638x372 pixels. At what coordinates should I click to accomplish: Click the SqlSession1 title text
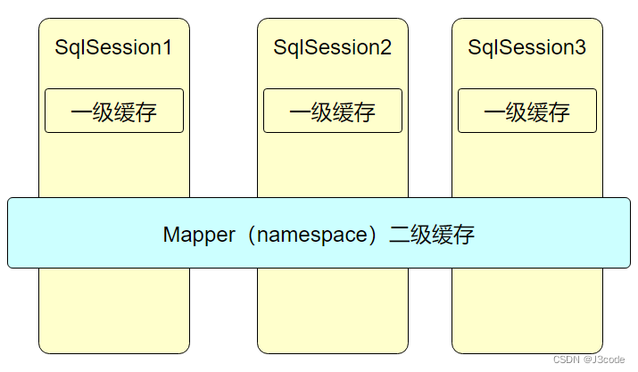(113, 48)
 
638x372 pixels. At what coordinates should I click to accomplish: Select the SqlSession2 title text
(332, 48)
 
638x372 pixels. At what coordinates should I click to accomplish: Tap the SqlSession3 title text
(526, 48)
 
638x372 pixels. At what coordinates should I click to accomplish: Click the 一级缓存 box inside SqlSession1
(114, 112)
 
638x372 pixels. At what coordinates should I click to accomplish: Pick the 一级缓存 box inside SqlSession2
(333, 112)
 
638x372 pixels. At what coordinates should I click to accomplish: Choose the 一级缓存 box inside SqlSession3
(527, 112)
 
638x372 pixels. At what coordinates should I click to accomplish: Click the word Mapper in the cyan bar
(196, 235)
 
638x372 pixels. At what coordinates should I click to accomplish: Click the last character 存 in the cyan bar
(464, 235)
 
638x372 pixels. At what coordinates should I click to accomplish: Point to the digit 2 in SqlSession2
(385, 48)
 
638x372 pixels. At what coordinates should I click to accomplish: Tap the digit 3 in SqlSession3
(579, 48)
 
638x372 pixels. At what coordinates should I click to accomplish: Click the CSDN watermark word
(568, 360)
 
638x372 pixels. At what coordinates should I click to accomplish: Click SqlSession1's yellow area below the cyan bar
(114, 308)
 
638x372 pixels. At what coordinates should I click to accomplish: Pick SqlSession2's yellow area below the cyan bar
(333, 308)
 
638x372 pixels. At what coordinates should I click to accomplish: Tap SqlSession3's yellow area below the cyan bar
(527, 308)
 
